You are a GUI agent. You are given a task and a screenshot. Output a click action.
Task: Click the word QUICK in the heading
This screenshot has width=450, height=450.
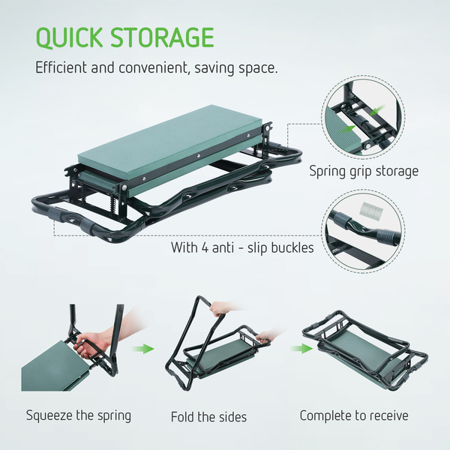[69, 37]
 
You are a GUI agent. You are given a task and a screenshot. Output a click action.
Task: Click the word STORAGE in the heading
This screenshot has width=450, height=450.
[162, 37]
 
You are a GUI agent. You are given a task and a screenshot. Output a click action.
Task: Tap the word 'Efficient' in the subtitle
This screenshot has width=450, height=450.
[61, 67]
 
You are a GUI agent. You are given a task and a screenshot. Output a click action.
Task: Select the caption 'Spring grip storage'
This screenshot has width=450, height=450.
[364, 171]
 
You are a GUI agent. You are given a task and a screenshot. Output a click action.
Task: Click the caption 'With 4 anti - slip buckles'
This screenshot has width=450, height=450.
[242, 247]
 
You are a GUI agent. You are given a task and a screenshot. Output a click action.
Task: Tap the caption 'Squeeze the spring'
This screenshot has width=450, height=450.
[79, 415]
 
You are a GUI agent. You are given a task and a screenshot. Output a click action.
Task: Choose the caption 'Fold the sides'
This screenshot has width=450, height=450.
[208, 417]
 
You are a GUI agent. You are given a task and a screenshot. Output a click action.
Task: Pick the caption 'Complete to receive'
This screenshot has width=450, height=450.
[354, 415]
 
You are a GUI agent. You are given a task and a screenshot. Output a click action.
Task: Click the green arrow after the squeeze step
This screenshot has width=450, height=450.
[143, 349]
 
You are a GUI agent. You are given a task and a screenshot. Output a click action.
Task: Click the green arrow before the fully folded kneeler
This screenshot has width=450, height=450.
[301, 349]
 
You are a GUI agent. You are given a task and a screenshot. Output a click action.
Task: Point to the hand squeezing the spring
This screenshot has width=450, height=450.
[91, 346]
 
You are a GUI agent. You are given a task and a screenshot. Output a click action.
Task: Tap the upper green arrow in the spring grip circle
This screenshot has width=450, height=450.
[376, 109]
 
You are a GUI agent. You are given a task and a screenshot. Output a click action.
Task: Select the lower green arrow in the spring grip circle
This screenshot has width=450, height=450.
[347, 130]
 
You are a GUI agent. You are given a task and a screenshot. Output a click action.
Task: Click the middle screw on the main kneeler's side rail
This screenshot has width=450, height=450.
[198, 156]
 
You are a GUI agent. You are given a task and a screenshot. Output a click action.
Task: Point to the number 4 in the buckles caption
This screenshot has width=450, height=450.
[205, 247]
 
